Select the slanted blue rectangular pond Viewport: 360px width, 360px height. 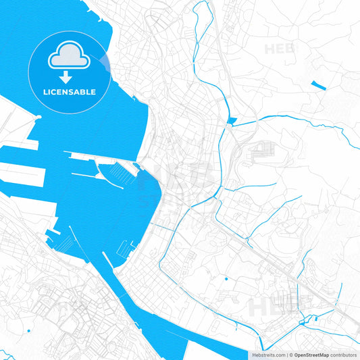pyautogui.click(x=318, y=86)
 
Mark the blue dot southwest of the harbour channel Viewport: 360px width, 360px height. pyautogui.click(x=29, y=331)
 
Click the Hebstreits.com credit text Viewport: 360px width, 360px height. pyautogui.click(x=267, y=355)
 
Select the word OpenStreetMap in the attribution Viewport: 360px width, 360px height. pyautogui.click(x=311, y=355)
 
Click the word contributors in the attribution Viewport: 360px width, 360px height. pyautogui.click(x=343, y=355)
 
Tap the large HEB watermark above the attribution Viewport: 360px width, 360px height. pyautogui.click(x=270, y=307)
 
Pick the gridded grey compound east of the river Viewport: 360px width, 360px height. pyautogui.click(x=263, y=151)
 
